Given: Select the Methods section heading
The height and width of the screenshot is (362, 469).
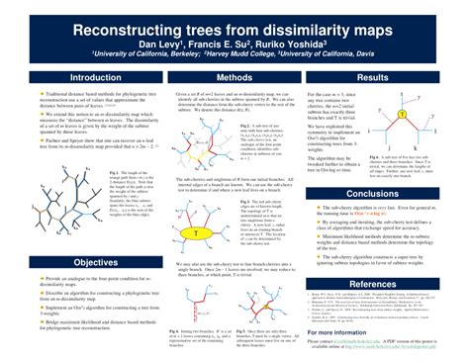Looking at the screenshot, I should [234, 77].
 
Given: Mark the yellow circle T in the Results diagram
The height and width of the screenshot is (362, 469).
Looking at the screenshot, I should [403, 115].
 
